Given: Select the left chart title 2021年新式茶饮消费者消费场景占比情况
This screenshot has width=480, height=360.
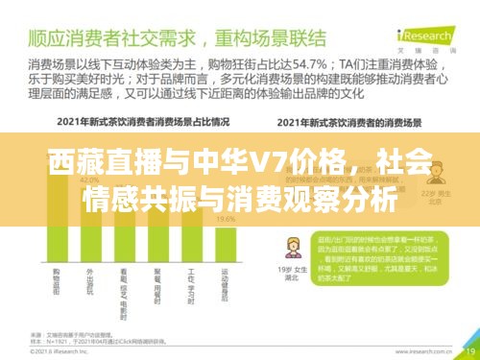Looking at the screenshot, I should click(129, 123).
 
